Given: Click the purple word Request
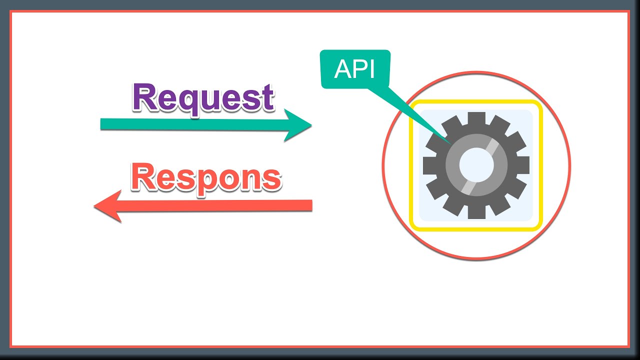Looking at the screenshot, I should click(x=203, y=98).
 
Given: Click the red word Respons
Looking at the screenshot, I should click(x=206, y=177).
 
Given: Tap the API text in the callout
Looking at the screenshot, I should click(x=354, y=69).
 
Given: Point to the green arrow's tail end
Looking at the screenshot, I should click(x=102, y=124).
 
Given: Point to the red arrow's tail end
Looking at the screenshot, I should click(x=310, y=205).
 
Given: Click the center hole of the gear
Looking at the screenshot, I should click(x=476, y=165).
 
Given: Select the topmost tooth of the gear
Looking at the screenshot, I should click(x=476, y=118).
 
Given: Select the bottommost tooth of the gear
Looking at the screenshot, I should click(x=476, y=212).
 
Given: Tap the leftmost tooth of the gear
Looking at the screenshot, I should click(x=429, y=165).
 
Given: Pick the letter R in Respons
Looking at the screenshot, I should click(x=143, y=177).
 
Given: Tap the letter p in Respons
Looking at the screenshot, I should click(x=207, y=181).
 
